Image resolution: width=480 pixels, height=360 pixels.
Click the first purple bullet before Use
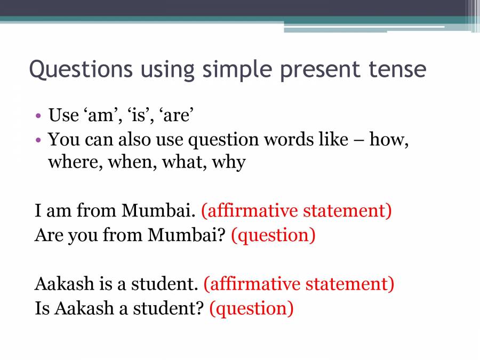coord(39,115)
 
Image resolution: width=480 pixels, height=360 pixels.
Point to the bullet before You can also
coord(39,141)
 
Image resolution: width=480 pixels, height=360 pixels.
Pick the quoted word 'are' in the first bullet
coord(175,115)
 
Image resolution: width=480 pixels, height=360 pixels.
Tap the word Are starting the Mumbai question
coord(48,235)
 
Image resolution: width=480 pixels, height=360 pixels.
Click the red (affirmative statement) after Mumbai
coord(296,211)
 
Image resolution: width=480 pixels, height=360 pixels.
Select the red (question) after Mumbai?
coord(273,235)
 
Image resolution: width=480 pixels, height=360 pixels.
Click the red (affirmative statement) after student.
coord(299,284)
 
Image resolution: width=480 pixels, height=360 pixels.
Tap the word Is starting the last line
coord(41,308)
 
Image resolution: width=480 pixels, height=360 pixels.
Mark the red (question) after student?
coord(251,308)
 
